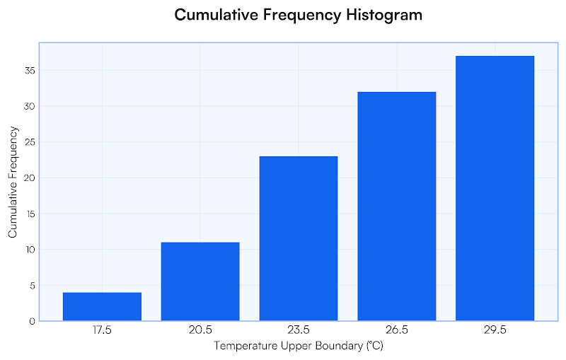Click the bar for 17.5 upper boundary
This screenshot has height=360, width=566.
(x=102, y=306)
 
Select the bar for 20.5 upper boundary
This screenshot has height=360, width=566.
(x=200, y=281)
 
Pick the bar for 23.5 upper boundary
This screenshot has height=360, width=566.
(x=299, y=238)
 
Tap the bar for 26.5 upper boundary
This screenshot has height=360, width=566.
(x=397, y=207)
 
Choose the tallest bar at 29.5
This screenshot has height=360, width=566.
(x=495, y=188)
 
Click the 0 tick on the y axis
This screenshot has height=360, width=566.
(x=33, y=321)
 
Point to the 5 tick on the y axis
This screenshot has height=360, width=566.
(x=33, y=286)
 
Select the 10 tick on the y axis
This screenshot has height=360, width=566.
(x=30, y=250)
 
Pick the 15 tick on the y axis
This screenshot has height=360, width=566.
(x=30, y=214)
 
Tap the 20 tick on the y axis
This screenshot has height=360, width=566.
(x=30, y=178)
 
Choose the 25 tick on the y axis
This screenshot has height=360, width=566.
(x=30, y=142)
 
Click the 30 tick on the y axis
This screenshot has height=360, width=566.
(x=30, y=106)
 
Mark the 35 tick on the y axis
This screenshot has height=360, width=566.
(x=30, y=71)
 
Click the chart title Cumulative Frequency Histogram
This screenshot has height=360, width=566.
(x=298, y=15)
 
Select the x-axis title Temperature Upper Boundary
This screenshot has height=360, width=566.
(x=298, y=347)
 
